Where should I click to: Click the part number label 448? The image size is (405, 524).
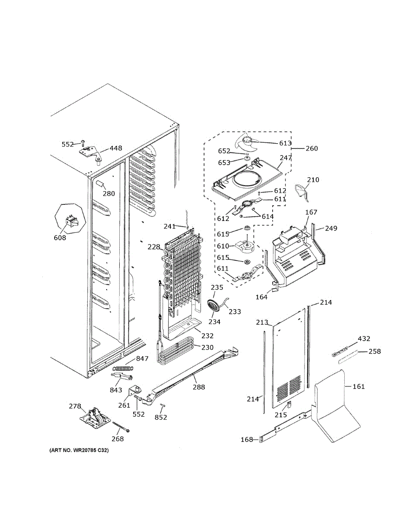(116, 148)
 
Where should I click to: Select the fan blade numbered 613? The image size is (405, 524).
(247, 142)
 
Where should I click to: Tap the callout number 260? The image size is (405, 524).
(312, 148)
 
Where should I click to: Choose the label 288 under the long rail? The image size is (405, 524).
(198, 387)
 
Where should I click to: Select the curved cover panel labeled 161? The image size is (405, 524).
(334, 404)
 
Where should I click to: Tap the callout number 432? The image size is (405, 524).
(364, 339)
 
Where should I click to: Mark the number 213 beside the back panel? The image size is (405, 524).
(262, 323)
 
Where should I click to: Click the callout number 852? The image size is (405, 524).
(160, 417)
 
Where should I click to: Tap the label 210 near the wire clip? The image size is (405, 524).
(313, 180)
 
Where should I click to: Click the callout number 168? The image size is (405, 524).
(247, 439)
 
